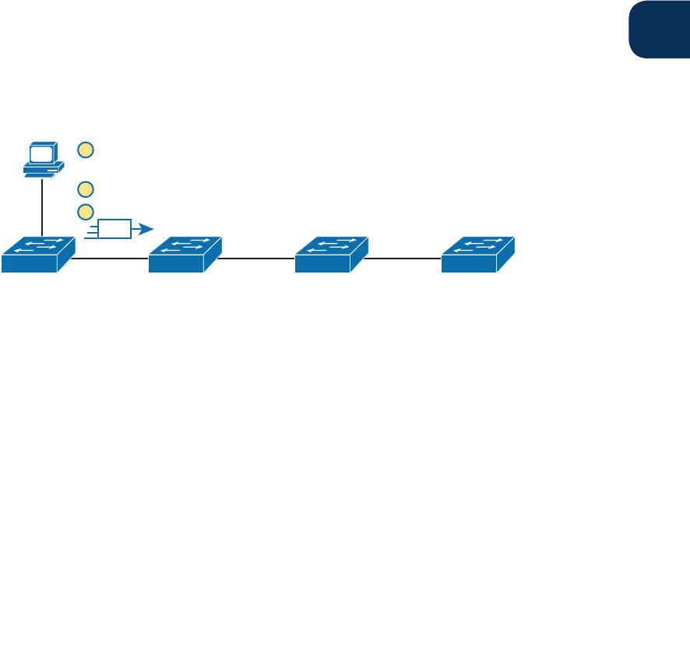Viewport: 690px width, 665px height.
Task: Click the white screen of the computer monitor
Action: (x=40, y=153)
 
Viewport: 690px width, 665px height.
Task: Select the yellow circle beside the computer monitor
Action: (x=86, y=149)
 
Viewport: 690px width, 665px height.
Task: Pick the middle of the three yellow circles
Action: (x=86, y=188)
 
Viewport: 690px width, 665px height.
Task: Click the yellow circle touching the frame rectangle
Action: (x=86, y=211)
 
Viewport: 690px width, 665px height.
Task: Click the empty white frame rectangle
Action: (x=114, y=229)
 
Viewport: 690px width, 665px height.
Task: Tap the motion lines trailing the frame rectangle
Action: (x=90, y=229)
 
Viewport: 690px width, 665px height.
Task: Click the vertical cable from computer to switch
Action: (x=42, y=206)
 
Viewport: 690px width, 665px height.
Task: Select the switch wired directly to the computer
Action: (x=37, y=255)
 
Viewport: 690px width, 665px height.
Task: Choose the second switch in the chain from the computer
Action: (x=185, y=255)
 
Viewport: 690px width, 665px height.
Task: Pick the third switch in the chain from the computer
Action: (x=331, y=255)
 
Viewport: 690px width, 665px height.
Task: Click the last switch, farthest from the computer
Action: (x=477, y=255)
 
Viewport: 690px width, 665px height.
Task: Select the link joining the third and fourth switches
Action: (x=402, y=258)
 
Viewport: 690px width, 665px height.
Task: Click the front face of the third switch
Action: (x=322, y=263)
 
